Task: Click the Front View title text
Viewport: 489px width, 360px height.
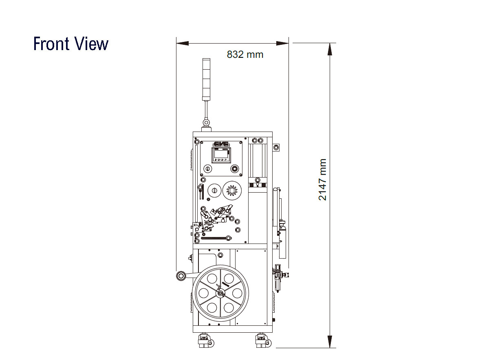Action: [x=71, y=44]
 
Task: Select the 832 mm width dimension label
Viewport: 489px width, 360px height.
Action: [x=245, y=55]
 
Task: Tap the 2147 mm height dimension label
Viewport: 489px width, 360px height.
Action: [x=322, y=180]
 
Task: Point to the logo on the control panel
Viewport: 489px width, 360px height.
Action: [x=221, y=144]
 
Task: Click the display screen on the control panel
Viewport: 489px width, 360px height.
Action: [x=221, y=155]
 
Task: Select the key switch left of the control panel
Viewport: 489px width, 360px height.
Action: [x=207, y=169]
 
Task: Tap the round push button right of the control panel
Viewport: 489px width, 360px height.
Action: [x=235, y=169]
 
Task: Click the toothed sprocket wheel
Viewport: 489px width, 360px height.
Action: [x=232, y=191]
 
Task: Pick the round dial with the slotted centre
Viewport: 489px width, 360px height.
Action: [x=214, y=191]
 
